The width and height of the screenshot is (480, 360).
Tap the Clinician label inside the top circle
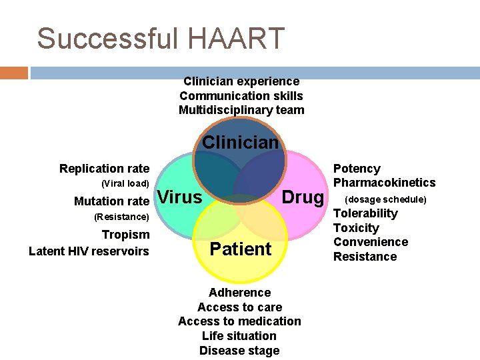tap(240, 142)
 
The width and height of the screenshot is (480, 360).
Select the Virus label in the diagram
tap(181, 197)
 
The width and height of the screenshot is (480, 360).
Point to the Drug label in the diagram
tap(303, 197)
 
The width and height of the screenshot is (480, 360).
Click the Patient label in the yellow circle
tap(241, 249)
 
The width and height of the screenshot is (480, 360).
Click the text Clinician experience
tap(241, 81)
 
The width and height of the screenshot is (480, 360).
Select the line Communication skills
tap(241, 96)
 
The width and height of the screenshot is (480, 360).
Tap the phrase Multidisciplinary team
tap(241, 110)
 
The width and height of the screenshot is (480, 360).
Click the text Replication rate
tap(104, 169)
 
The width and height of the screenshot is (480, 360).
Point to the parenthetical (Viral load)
tap(125, 183)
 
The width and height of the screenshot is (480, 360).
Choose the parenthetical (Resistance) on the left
tap(121, 217)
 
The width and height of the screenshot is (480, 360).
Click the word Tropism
tap(125, 235)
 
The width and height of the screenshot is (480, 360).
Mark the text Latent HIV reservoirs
tap(89, 251)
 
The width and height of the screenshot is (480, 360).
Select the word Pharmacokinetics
tap(384, 183)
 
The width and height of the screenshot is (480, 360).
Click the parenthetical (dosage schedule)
tap(385, 199)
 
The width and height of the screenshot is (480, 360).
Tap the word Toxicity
tap(356, 228)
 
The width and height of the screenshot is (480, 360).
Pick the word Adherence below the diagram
tap(239, 293)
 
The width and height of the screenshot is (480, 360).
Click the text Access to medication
tap(239, 321)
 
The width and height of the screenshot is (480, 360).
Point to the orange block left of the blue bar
tap(14, 73)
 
